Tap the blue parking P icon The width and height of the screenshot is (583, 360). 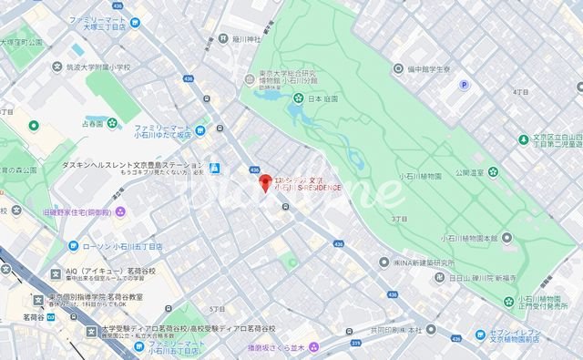(x=465, y=86)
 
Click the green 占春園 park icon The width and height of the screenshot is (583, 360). (x=111, y=123)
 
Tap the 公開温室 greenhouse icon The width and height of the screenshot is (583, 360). (x=493, y=170)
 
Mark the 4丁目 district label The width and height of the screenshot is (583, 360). (x=521, y=93)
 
